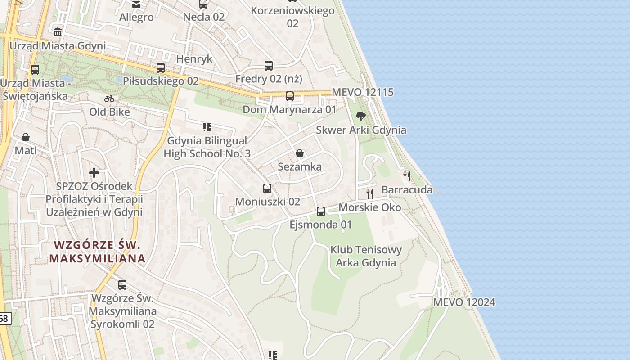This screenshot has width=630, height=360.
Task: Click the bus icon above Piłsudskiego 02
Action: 161,68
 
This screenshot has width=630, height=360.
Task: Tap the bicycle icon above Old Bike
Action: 109,99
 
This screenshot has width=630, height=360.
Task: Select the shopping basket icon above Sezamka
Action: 300,154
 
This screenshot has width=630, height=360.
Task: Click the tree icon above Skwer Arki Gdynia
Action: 360,117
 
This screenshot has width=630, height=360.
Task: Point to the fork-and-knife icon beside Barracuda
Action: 407,176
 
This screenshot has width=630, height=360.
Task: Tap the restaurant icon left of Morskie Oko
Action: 370,194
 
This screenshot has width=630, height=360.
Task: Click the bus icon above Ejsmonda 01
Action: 321,211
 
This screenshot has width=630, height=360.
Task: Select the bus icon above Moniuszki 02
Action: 267,188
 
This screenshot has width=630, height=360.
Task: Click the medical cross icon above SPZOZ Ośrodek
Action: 94,172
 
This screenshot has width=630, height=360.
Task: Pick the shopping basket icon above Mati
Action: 26,137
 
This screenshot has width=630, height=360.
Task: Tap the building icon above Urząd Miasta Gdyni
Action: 58,32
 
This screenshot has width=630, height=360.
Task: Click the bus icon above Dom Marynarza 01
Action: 290,96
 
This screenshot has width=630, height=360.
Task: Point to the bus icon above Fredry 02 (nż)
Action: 269,66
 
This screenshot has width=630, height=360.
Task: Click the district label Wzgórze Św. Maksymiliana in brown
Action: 97,252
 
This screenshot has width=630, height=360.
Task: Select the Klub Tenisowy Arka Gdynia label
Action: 366,256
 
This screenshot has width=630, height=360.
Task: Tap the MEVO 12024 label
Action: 464,302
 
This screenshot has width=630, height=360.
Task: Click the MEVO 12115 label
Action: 363,92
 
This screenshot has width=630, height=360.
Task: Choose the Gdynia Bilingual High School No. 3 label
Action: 207,147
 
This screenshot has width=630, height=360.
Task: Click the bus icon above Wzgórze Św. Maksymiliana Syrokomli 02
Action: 122,284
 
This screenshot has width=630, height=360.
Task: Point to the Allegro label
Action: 136,18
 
